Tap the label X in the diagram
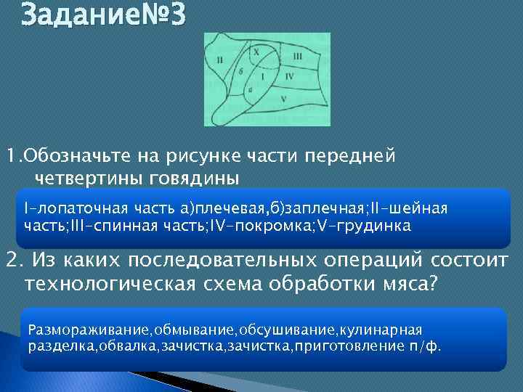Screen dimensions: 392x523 [x=256, y=52]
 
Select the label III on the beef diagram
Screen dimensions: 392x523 [x=298, y=56]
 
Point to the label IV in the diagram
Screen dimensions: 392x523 [x=288, y=75]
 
